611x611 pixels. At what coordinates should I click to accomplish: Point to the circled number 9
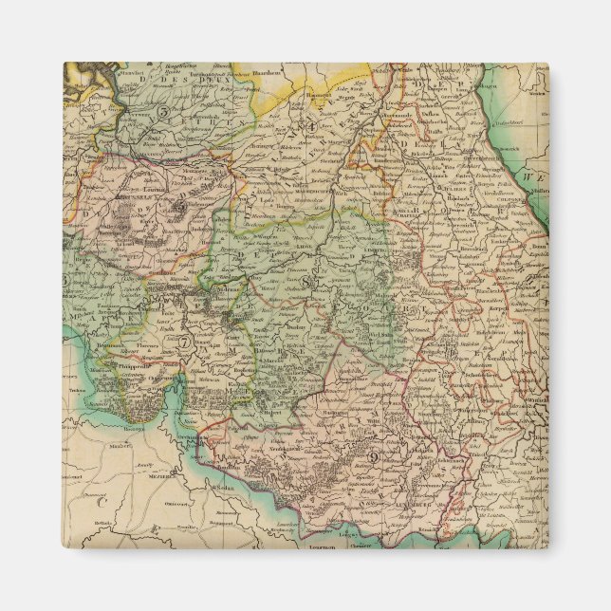point(374,458)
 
